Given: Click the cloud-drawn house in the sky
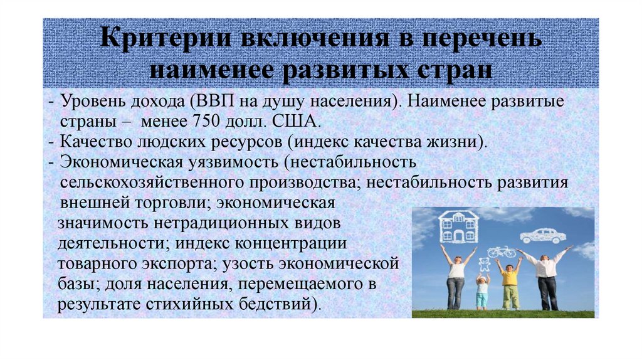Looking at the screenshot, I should click(x=458, y=227).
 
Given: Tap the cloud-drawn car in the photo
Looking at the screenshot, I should click(x=542, y=235).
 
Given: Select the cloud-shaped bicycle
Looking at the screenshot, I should click(x=502, y=251).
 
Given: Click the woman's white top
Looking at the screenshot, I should click(x=456, y=269).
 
